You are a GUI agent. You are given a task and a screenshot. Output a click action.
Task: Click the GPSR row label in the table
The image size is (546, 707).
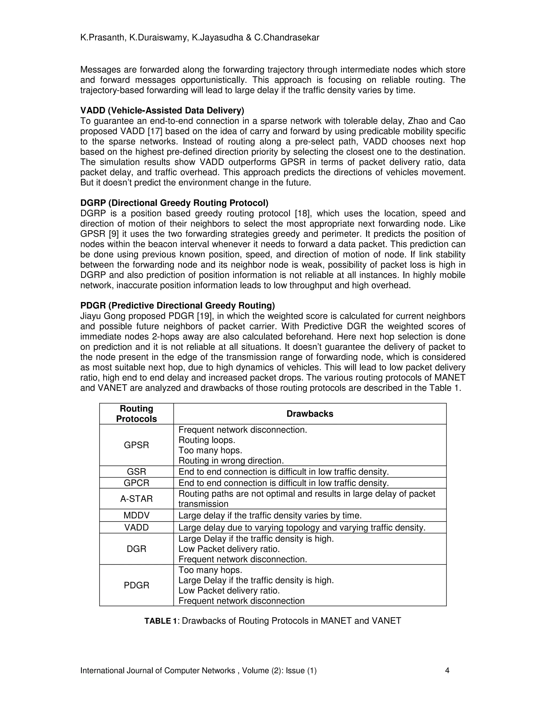click(x=136, y=445)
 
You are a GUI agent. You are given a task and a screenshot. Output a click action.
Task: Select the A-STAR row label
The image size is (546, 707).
click(x=136, y=499)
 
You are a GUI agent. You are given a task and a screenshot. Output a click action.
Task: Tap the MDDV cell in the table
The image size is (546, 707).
click(x=136, y=515)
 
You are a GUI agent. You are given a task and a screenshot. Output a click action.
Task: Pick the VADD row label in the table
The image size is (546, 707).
click(x=136, y=527)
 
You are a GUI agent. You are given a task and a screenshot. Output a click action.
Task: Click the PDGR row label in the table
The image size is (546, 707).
click(x=136, y=585)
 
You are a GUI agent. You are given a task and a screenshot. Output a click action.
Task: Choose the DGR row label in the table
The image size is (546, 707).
click(x=136, y=549)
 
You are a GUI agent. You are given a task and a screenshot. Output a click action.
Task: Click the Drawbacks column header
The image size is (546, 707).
click(x=310, y=414)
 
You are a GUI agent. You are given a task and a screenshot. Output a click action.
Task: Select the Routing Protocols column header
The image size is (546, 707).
click(x=136, y=414)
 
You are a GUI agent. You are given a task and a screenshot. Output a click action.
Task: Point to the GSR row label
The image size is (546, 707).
click(x=136, y=472)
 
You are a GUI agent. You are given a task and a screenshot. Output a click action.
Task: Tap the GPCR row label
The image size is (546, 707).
click(x=136, y=483)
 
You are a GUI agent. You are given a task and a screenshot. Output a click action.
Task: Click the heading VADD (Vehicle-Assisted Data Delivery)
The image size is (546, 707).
click(x=162, y=111)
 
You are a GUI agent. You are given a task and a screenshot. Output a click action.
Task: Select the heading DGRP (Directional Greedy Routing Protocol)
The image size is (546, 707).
click(x=174, y=203)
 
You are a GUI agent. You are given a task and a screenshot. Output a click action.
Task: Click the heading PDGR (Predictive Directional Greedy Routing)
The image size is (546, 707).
click(x=177, y=305)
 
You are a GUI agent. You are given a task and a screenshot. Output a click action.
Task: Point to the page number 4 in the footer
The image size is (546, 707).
click(x=447, y=670)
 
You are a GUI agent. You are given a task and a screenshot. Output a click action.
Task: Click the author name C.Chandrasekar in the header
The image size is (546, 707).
click(x=287, y=38)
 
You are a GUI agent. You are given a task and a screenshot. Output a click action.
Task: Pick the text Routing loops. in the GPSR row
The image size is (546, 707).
click(x=207, y=440)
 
